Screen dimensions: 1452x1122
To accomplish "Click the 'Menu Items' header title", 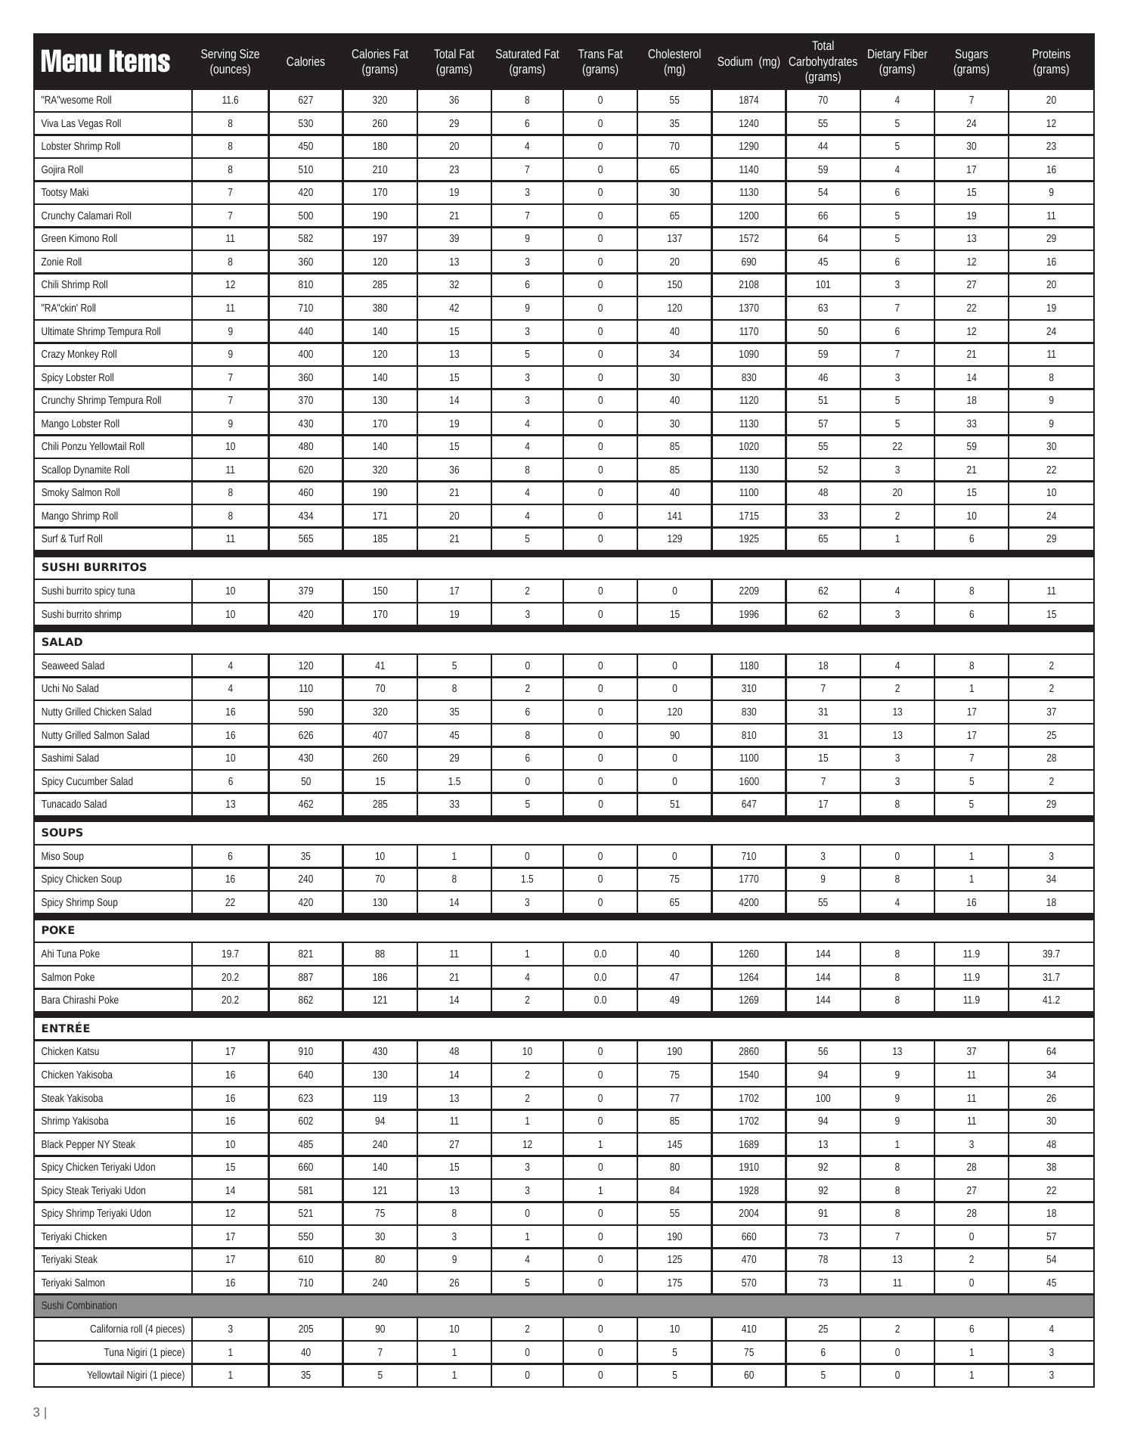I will point(105,61).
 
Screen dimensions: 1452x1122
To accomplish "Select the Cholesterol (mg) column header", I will point(674,61).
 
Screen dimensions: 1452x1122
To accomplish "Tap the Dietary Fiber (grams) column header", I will point(897,61).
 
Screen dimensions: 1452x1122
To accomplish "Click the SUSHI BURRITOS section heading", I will point(94,567).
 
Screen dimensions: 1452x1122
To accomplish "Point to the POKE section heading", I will point(58,930).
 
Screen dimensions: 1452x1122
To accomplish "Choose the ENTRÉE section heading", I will point(66,1028).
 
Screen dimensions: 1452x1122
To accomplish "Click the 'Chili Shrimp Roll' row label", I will point(74,285).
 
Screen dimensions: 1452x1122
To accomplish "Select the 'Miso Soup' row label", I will point(62,856).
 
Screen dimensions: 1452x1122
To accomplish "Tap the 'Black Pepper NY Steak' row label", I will point(88,1144).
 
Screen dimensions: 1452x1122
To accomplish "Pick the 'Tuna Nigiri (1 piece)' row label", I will point(144,1352).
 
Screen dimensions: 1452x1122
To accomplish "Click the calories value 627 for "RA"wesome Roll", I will point(305,100).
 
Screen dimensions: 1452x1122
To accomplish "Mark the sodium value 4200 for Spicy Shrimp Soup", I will point(749,902).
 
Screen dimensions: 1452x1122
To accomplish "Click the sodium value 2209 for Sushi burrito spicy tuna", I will point(749,591).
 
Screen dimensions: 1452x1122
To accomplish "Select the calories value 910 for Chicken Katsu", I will point(305,1051).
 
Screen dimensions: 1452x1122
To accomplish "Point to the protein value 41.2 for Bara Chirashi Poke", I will point(1051,1000).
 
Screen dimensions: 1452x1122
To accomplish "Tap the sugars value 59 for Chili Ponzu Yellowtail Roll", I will point(971,446).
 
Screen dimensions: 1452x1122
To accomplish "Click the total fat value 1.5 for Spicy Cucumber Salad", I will point(454,781).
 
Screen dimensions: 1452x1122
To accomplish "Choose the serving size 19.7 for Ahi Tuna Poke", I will point(230,954).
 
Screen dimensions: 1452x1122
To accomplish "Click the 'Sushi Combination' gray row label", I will point(79,1305).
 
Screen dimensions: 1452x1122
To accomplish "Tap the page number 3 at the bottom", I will point(36,1412).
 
